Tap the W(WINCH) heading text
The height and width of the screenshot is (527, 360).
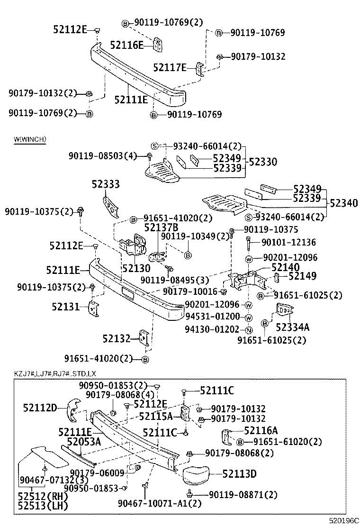29,139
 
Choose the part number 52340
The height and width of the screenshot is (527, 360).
343,203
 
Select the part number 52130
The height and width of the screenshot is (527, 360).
136,268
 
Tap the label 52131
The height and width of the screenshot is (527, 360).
66,307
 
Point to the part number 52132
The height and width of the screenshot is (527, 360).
116,338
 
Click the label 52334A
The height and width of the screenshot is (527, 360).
292,327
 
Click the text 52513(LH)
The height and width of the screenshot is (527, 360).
43,505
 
